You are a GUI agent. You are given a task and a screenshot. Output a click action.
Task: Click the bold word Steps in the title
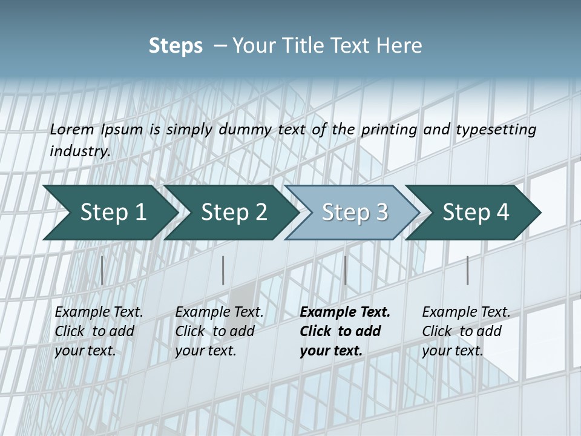pyautogui.click(x=176, y=46)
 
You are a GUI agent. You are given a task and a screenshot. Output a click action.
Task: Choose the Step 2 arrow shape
pyautogui.click(x=234, y=213)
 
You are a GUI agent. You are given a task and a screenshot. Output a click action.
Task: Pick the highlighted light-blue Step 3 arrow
pyautogui.click(x=355, y=213)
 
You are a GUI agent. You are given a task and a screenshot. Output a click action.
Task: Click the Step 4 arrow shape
pyautogui.click(x=476, y=213)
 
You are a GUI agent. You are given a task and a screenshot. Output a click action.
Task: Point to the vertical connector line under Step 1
pyautogui.click(x=102, y=270)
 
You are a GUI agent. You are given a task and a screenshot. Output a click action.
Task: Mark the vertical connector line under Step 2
pyautogui.click(x=223, y=270)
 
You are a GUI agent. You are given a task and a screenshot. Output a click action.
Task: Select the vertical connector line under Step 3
pyautogui.click(x=345, y=270)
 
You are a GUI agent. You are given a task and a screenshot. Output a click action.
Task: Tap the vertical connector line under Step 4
pyautogui.click(x=467, y=270)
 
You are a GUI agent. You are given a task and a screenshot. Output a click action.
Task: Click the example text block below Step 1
pyautogui.click(x=99, y=331)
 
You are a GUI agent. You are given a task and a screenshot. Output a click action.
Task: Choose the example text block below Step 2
pyautogui.click(x=219, y=331)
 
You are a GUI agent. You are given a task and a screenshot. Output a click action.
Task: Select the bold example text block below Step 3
pyautogui.click(x=345, y=331)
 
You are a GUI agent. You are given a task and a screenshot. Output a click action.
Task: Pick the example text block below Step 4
pyautogui.click(x=466, y=331)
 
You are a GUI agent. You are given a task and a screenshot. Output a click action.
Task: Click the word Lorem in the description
pyautogui.click(x=72, y=130)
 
